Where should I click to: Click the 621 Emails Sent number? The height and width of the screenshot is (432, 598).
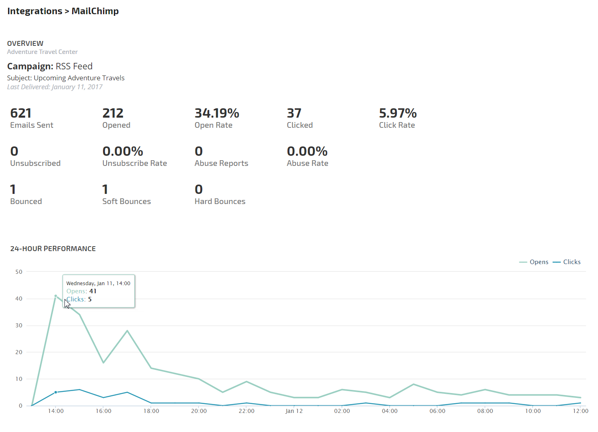click(21, 113)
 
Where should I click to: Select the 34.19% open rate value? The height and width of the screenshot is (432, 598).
click(216, 113)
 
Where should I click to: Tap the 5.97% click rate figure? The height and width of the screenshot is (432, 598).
click(397, 113)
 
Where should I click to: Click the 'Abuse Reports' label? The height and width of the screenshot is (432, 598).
click(221, 163)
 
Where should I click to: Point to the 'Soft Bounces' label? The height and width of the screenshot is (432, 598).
click(126, 201)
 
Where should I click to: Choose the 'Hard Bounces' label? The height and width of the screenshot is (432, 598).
click(220, 201)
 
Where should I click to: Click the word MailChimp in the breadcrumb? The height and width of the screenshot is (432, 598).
click(95, 11)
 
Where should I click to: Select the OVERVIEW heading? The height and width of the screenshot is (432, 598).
click(25, 43)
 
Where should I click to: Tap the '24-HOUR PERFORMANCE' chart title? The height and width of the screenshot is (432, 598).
click(53, 249)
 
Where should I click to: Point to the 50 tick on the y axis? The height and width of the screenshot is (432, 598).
click(19, 272)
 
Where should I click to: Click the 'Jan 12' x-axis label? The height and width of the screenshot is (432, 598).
click(294, 411)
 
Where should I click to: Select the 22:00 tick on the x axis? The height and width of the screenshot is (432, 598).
click(246, 411)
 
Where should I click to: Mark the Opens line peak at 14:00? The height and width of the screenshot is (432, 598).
click(56, 296)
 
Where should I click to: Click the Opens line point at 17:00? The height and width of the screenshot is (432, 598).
click(127, 331)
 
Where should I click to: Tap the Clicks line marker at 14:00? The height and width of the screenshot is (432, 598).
click(56, 392)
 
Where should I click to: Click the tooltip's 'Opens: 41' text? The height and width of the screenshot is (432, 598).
click(81, 291)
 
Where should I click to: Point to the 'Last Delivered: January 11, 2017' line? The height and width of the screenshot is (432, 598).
click(55, 87)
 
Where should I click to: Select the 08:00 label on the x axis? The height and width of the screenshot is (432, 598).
click(485, 411)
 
